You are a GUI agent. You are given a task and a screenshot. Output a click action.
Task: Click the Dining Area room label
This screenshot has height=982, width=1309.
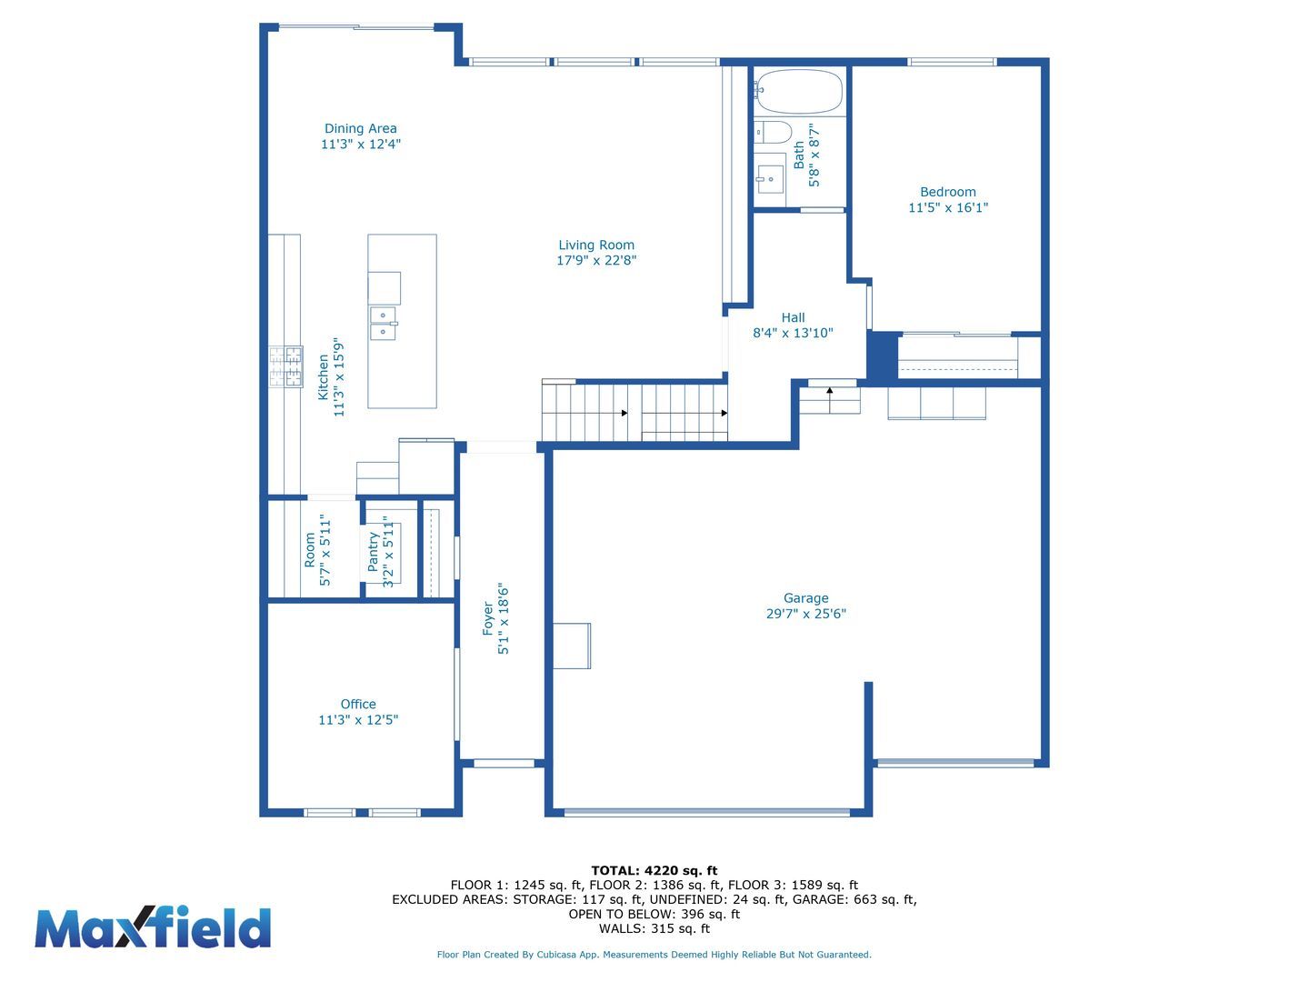click(x=360, y=128)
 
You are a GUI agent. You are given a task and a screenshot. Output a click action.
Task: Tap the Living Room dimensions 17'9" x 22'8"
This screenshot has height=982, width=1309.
click(x=596, y=260)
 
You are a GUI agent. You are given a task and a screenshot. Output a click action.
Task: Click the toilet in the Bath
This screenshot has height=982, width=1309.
click(x=773, y=132)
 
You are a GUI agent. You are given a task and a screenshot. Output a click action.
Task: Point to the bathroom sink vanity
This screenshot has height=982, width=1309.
click(x=770, y=174)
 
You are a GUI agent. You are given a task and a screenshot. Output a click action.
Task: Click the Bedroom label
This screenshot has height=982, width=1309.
click(x=947, y=192)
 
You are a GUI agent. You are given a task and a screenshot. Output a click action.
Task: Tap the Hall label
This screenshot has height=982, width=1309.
click(x=793, y=318)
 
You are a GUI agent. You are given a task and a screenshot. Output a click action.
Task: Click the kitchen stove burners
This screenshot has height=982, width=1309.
click(x=286, y=366)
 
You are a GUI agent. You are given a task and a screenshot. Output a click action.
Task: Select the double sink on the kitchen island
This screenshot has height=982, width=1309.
click(x=384, y=323)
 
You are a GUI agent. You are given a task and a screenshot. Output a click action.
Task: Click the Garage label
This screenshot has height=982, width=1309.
click(x=805, y=598)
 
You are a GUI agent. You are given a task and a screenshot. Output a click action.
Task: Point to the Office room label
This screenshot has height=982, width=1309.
click(x=358, y=704)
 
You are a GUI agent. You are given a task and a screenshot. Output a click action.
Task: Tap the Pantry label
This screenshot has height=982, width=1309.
click(x=374, y=552)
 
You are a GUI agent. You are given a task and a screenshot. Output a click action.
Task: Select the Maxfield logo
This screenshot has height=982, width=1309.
click(x=153, y=927)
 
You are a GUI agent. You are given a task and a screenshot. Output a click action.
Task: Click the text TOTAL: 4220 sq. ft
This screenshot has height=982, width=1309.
click(x=654, y=870)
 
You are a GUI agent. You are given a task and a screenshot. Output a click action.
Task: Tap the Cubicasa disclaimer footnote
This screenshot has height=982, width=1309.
click(x=654, y=955)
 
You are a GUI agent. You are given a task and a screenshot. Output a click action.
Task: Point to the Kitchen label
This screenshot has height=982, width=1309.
click(x=323, y=377)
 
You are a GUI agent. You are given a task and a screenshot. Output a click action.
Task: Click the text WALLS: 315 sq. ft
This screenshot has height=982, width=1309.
click(x=654, y=928)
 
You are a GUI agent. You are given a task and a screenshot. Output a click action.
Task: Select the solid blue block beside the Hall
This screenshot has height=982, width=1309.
click(x=883, y=356)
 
